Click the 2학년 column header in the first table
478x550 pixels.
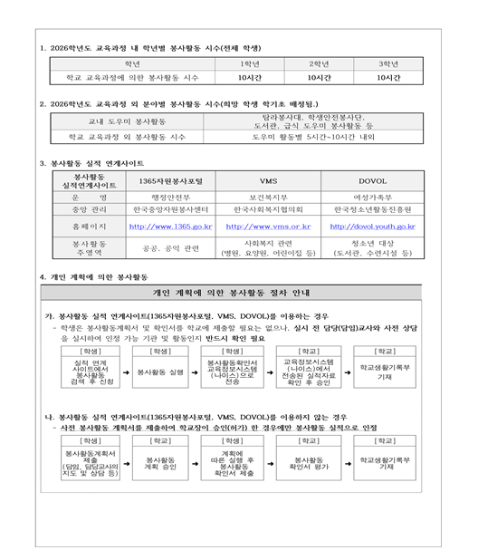[x=318, y=64]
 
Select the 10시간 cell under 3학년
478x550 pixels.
[x=388, y=78]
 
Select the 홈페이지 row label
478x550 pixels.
[x=88, y=226]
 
